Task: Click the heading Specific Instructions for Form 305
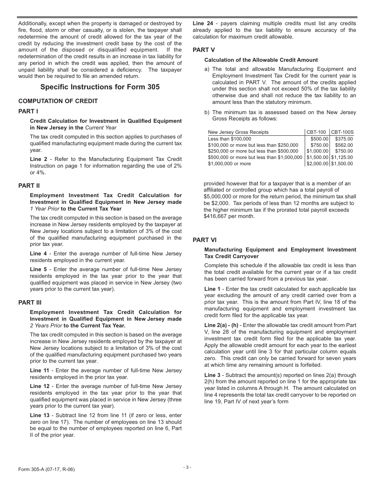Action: pos(100,87)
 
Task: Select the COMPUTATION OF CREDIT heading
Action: pos(58,101)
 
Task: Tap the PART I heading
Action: pos(28,111)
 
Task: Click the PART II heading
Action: pos(29,186)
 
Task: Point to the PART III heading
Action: pos(30,303)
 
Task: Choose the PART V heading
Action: pos(204,50)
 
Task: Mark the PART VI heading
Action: pos(204,240)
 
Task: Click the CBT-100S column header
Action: pos(342,132)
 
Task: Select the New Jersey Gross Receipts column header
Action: pos(238,132)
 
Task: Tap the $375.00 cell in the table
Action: pos(344,139)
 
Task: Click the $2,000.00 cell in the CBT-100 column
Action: pos(317,164)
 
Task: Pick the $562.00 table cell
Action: pos(344,145)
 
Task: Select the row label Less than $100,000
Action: pos(230,139)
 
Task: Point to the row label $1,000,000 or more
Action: pos(229,164)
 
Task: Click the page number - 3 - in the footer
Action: pos(187,467)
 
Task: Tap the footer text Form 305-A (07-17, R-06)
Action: pos(46,469)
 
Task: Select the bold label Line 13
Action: pos(40,416)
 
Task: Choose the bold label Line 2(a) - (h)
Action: pos(221,325)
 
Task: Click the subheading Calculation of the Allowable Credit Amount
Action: pos(261,60)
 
